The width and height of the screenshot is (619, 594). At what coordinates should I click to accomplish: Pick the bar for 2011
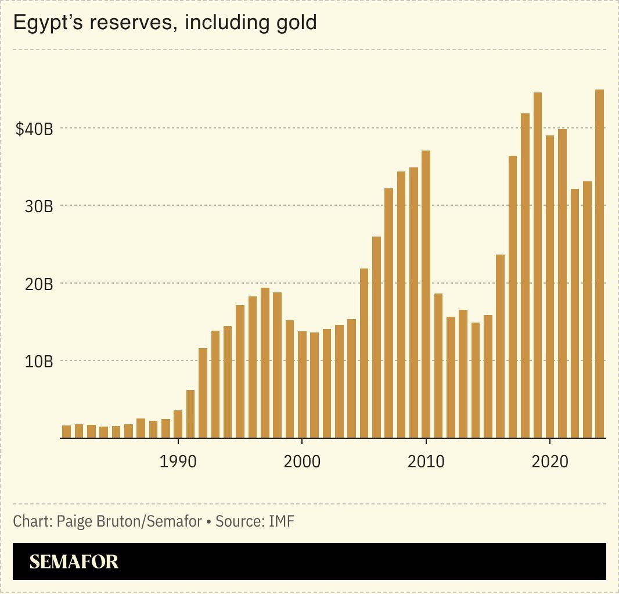click(438, 366)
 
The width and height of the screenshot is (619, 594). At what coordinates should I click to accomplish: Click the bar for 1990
click(178, 424)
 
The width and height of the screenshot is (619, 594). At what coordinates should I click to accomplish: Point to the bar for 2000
click(302, 384)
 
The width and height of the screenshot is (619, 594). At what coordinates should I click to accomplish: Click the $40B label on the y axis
click(34, 129)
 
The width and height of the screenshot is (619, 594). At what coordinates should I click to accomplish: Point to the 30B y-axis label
click(39, 206)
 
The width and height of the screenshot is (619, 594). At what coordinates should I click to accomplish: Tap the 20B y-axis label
click(39, 284)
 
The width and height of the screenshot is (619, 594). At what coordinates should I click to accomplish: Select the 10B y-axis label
click(39, 362)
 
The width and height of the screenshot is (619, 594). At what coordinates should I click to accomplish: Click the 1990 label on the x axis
click(178, 462)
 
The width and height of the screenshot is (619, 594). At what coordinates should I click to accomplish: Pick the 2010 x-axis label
click(426, 462)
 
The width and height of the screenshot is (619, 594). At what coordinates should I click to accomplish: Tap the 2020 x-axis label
click(550, 462)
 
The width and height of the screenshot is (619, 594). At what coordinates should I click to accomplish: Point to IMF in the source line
click(282, 521)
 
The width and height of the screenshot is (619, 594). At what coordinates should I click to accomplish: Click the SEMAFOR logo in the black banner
click(74, 561)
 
